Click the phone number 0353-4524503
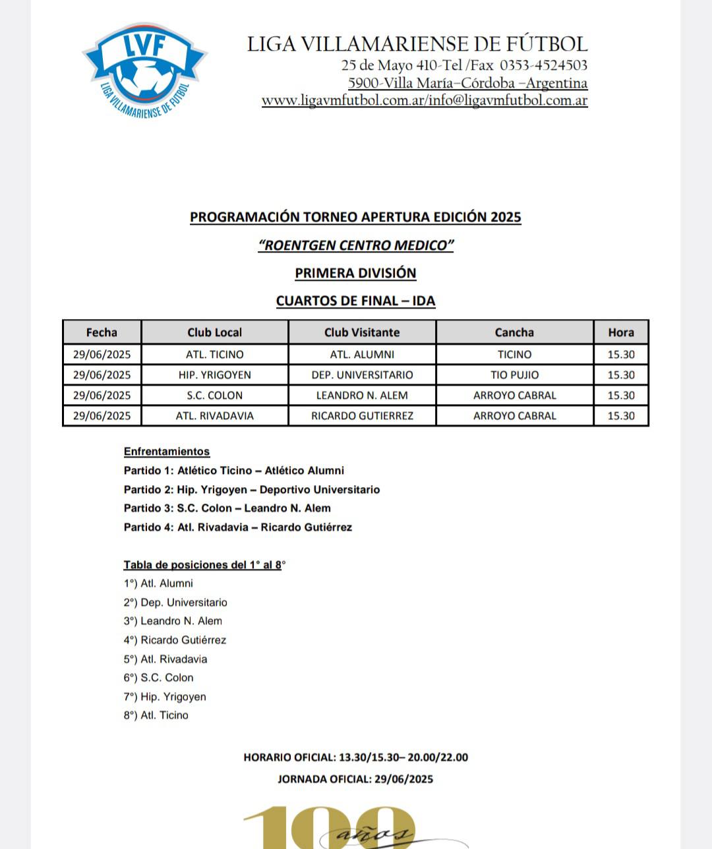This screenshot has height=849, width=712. (543, 65)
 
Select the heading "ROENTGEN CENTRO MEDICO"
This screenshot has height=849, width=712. (356, 245)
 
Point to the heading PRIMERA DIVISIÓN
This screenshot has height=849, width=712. (356, 273)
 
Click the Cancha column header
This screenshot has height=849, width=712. (514, 332)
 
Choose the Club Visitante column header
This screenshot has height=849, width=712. (362, 332)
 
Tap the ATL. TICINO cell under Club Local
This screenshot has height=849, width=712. (215, 355)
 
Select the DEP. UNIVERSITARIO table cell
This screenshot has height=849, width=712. (362, 375)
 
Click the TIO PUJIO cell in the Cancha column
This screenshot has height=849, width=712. (514, 375)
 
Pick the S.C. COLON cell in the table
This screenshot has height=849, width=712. (215, 395)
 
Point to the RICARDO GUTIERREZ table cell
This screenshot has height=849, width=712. (362, 416)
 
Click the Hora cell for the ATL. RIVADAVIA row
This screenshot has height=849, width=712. (621, 416)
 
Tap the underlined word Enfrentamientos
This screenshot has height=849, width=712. (167, 452)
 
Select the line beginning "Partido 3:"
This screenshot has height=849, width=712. (227, 508)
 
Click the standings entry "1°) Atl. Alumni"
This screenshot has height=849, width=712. (158, 583)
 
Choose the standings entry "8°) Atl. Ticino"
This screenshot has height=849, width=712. (156, 715)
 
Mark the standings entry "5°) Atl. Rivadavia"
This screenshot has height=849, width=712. (165, 659)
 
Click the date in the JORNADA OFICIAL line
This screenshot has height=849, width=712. (403, 779)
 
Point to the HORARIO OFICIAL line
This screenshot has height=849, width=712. (356, 757)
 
